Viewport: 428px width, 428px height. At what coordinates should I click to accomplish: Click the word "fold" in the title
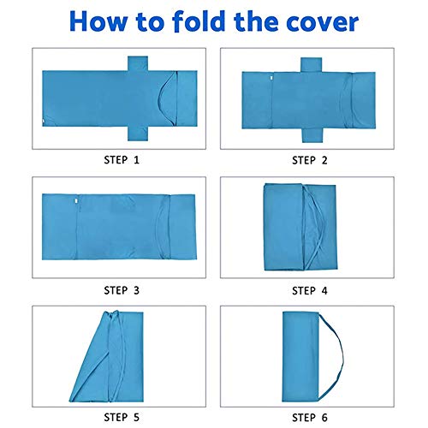[199, 21]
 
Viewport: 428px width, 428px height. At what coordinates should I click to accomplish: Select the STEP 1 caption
[122, 160]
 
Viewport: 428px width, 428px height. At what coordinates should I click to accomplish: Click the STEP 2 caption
[310, 160]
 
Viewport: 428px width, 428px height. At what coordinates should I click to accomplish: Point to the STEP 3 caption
[122, 290]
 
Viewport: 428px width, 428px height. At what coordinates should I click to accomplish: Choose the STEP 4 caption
[310, 291]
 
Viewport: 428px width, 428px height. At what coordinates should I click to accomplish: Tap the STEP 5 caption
[122, 418]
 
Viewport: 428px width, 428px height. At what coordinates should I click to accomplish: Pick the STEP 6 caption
[310, 418]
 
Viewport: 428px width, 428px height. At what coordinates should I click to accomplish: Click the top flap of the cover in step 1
[138, 63]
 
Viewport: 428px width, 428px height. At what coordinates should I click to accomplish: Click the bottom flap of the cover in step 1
[138, 134]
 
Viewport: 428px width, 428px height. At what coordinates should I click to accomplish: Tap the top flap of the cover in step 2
[312, 65]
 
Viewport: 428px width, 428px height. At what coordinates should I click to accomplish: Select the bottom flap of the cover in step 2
[312, 135]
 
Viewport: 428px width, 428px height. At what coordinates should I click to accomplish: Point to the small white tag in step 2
[271, 78]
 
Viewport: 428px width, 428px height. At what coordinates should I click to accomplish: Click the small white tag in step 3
[76, 201]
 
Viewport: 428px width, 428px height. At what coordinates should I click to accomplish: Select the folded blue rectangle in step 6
[300, 357]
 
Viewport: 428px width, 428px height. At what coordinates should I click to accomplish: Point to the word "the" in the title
[256, 21]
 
